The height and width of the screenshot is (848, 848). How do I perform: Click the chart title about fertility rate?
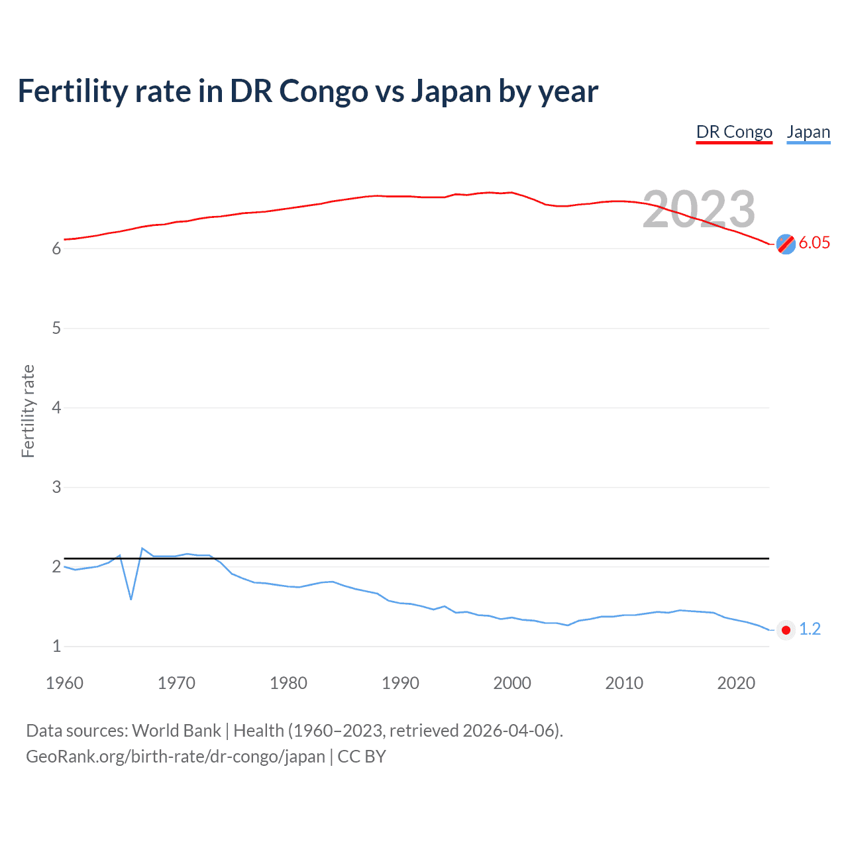(307, 91)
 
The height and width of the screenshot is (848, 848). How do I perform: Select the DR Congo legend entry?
(734, 132)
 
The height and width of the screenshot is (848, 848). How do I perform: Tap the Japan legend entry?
(808, 132)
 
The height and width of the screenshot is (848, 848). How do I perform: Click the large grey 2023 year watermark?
(698, 209)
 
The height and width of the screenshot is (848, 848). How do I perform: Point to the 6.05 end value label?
(814, 242)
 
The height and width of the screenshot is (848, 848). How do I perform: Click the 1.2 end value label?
(810, 629)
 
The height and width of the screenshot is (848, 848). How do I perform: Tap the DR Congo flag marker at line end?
(786, 244)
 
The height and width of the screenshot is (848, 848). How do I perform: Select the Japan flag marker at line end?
(786, 630)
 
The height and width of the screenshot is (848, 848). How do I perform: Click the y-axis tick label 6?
(56, 248)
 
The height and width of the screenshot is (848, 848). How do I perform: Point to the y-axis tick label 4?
(56, 407)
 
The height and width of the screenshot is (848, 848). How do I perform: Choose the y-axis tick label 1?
(56, 646)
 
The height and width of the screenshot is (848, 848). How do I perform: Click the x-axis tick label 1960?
(64, 683)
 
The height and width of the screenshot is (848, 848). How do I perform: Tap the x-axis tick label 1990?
(400, 683)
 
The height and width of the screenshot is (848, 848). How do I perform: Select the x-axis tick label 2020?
(736, 683)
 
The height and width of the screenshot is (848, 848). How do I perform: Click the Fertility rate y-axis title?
(28, 411)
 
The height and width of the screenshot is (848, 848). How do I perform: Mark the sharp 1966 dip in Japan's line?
(131, 599)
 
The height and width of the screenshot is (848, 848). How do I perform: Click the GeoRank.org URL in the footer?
(176, 757)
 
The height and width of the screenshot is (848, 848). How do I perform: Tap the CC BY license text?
(362, 757)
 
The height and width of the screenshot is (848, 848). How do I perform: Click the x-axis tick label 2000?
(512, 683)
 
